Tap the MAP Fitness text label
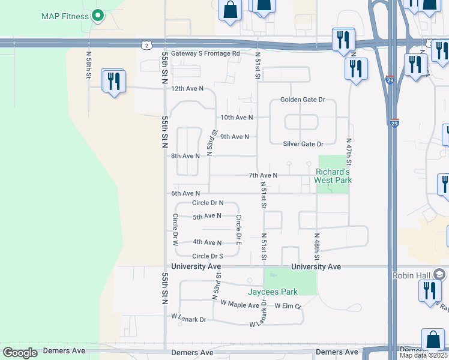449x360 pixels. pos(65,16)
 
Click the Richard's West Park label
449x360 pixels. pos(333,176)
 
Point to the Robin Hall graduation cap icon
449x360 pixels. pos(439,275)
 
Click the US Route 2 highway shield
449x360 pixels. pos(146,45)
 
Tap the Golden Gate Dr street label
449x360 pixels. pos(303,100)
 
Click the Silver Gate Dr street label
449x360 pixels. pos(303,144)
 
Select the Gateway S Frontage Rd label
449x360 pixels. pos(205,53)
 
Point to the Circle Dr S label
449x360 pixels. pos(208,256)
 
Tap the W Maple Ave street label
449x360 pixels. pos(240,305)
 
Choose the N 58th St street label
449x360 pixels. pos(88,65)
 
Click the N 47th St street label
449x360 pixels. pos(349,152)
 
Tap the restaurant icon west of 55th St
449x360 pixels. pos(114,81)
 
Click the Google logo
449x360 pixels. pos(20,353)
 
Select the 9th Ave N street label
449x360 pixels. pos(235,137)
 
